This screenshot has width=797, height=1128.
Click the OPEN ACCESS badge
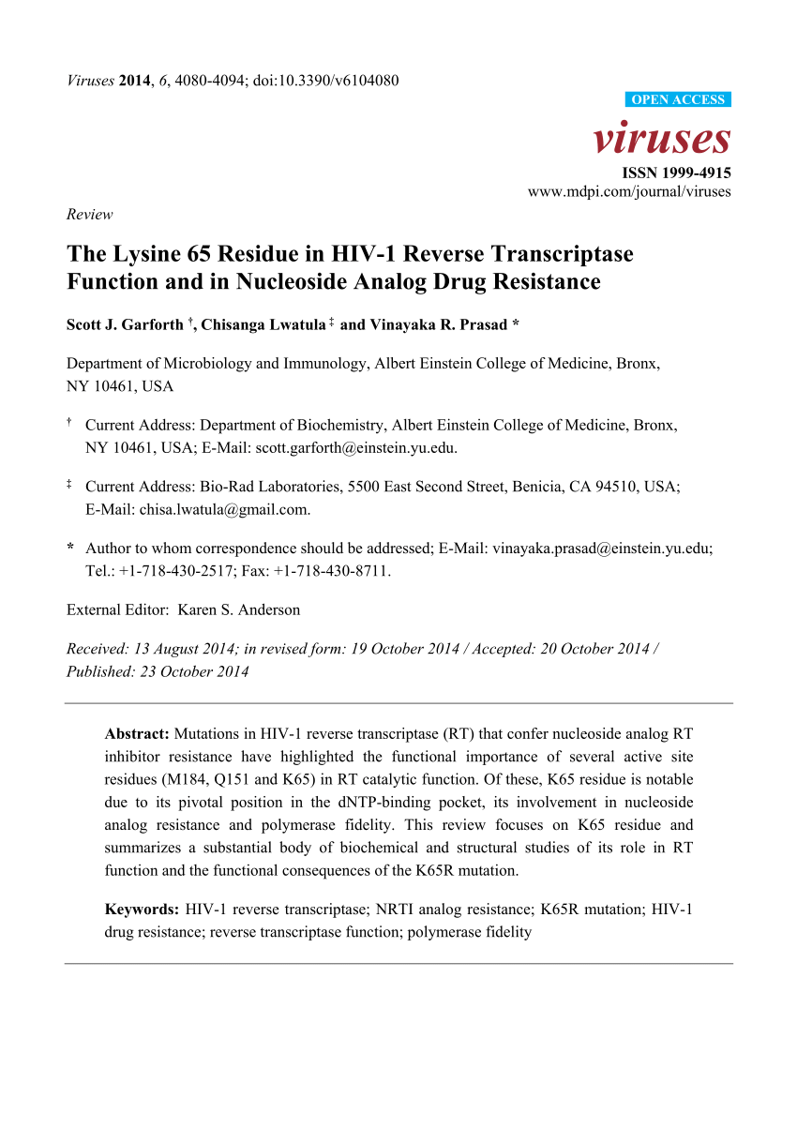pos(677,100)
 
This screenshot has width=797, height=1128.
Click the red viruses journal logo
pos(662,139)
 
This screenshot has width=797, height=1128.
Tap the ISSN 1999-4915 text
pos(677,173)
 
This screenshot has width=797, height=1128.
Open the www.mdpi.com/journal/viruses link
pos(629,192)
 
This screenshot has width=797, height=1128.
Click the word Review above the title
pos(89,214)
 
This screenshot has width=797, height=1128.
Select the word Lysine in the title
pos(137,254)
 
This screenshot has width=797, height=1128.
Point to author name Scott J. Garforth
pos(125,325)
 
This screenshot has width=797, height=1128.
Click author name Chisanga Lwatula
pos(263,325)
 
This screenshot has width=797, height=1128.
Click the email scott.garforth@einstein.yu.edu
pos(354,447)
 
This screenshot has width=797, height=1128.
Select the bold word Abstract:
pos(137,733)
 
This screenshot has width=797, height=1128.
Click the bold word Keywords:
pos(142,910)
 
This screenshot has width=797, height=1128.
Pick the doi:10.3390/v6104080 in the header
pos(326,80)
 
